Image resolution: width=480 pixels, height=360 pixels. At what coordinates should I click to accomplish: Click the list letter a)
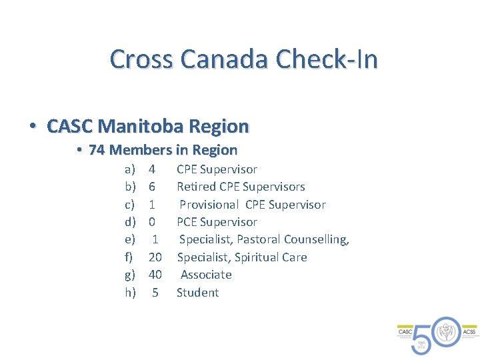tap(130, 169)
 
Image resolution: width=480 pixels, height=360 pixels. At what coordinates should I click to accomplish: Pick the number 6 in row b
tap(152, 187)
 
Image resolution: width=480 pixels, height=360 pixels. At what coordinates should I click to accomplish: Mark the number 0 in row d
tap(152, 222)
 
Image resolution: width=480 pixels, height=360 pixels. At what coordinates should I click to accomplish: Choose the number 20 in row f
tap(155, 257)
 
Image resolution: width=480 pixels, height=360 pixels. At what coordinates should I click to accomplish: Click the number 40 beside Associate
tap(155, 275)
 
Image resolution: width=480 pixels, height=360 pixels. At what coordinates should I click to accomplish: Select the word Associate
tap(206, 275)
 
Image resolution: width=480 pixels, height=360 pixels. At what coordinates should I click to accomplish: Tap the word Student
tap(197, 293)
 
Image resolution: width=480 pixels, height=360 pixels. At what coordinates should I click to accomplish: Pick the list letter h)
tap(130, 293)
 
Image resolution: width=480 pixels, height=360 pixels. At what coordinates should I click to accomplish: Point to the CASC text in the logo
tap(405, 331)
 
